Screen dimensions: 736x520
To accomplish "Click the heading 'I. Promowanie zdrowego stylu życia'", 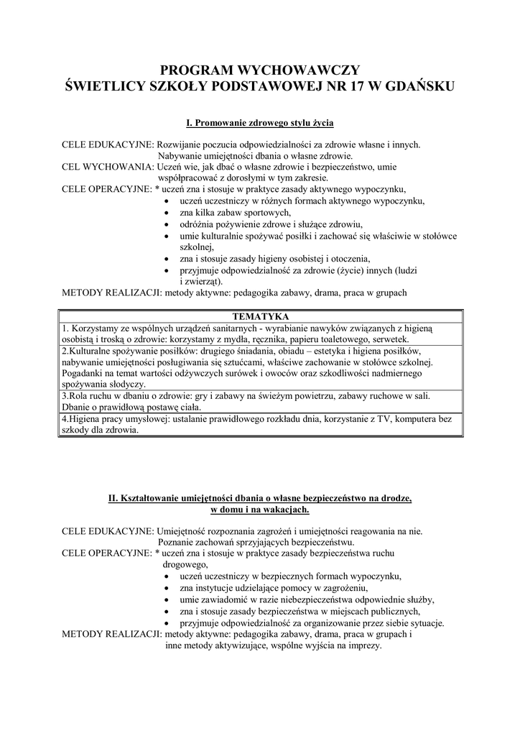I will pyautogui.click(x=260, y=123).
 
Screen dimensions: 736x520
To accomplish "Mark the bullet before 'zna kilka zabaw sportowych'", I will pyautogui.click(x=167, y=213).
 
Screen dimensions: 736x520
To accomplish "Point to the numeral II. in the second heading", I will pyautogui.click(x=113, y=497).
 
